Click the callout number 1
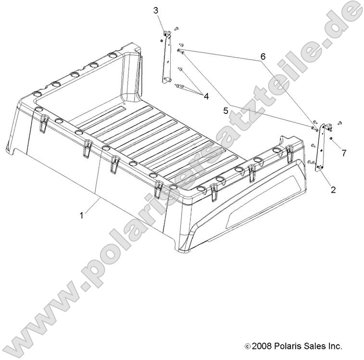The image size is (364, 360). pos(82,216)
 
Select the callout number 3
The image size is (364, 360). pos(156,10)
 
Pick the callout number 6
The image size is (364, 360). pos(263,56)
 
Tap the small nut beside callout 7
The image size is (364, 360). pos(332,138)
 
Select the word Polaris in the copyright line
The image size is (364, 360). pos(288,346)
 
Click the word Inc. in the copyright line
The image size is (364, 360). pos(336,346)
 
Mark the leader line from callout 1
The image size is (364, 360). pos(92,205)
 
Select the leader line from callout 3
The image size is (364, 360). pos(161,22)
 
